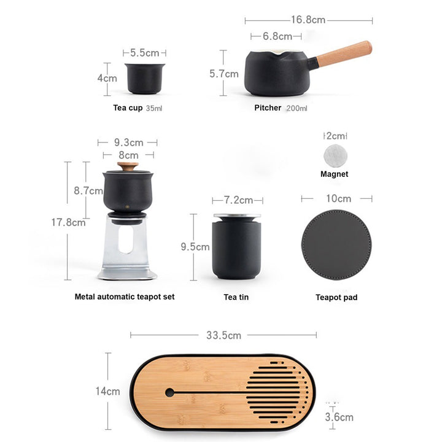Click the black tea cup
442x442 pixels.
click(145, 79)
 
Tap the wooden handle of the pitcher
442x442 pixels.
click(344, 54)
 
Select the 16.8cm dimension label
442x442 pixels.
click(308, 20)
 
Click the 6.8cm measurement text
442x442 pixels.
click(277, 36)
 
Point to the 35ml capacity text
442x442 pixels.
click(154, 108)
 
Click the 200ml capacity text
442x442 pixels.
click(297, 108)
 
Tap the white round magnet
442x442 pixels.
click(335, 155)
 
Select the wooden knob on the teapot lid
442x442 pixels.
click(128, 166)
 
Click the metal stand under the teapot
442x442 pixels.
click(127, 247)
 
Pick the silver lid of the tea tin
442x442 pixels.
click(237, 217)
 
